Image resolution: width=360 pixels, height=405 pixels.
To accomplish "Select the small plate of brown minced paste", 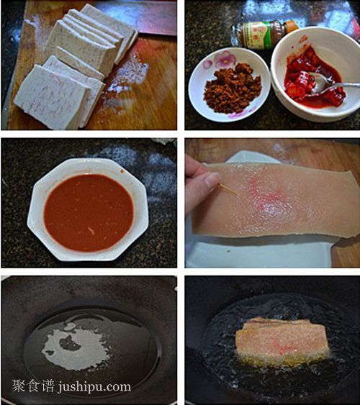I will (x=228, y=83).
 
